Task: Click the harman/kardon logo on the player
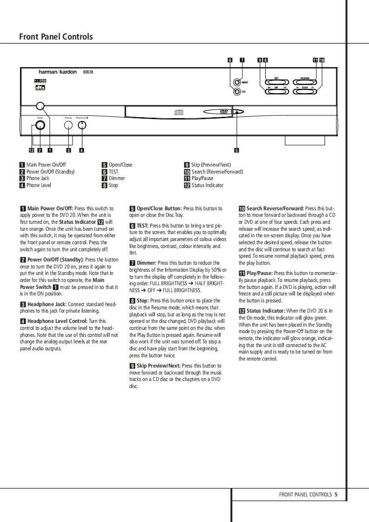[x=57, y=72]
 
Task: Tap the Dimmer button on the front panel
[x=237, y=82]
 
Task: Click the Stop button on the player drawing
[x=276, y=79]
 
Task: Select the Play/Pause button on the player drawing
[x=305, y=79]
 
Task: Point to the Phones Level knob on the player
[x=82, y=125]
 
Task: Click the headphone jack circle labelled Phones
[x=68, y=125]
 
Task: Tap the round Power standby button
[x=40, y=126]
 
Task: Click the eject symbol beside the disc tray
[x=236, y=112]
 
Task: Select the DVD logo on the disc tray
[x=223, y=112]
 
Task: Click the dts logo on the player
[x=40, y=87]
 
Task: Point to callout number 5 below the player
[x=236, y=150]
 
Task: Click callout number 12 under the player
[x=31, y=150]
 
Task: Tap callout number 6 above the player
[x=230, y=60]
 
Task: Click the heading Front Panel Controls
[x=56, y=37]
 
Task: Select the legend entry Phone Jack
[x=38, y=178]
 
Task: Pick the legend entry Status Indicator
[x=208, y=185]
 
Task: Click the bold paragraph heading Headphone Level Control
[x=57, y=321]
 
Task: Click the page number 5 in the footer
[x=336, y=495]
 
